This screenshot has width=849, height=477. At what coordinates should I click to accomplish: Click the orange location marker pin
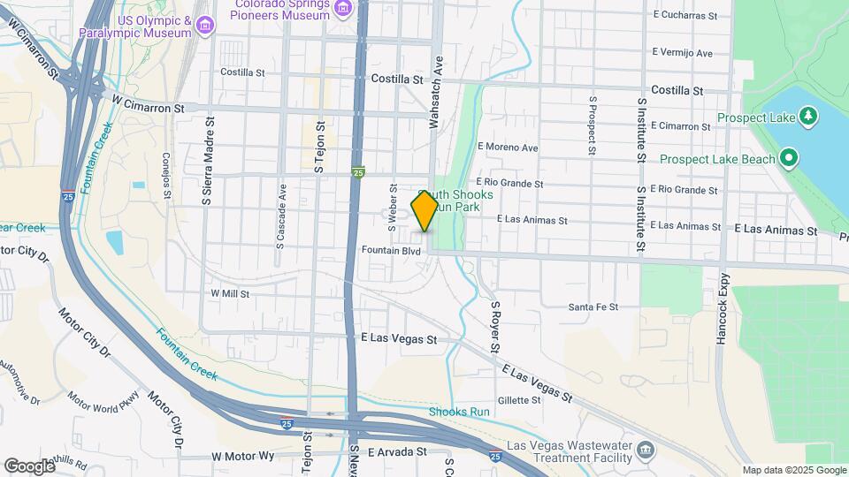click(x=424, y=212)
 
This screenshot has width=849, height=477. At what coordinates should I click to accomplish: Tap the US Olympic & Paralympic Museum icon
click(x=205, y=25)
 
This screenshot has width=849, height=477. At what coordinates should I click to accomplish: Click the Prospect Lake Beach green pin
click(x=788, y=159)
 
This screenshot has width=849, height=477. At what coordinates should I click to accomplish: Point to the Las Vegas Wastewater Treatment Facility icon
click(x=646, y=452)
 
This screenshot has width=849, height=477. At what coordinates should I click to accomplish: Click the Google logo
click(x=28, y=466)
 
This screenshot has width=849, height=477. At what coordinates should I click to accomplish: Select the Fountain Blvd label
click(x=391, y=251)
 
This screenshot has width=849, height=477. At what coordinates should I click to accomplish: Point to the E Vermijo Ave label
click(x=682, y=54)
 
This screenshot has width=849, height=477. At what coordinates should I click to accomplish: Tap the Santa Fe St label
click(x=593, y=307)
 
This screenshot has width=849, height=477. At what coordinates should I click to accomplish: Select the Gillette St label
click(x=519, y=400)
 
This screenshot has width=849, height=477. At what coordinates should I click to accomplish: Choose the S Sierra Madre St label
click(x=208, y=161)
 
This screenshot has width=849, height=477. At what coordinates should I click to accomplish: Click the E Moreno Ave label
click(x=508, y=147)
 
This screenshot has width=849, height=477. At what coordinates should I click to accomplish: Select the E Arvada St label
click(x=398, y=452)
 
